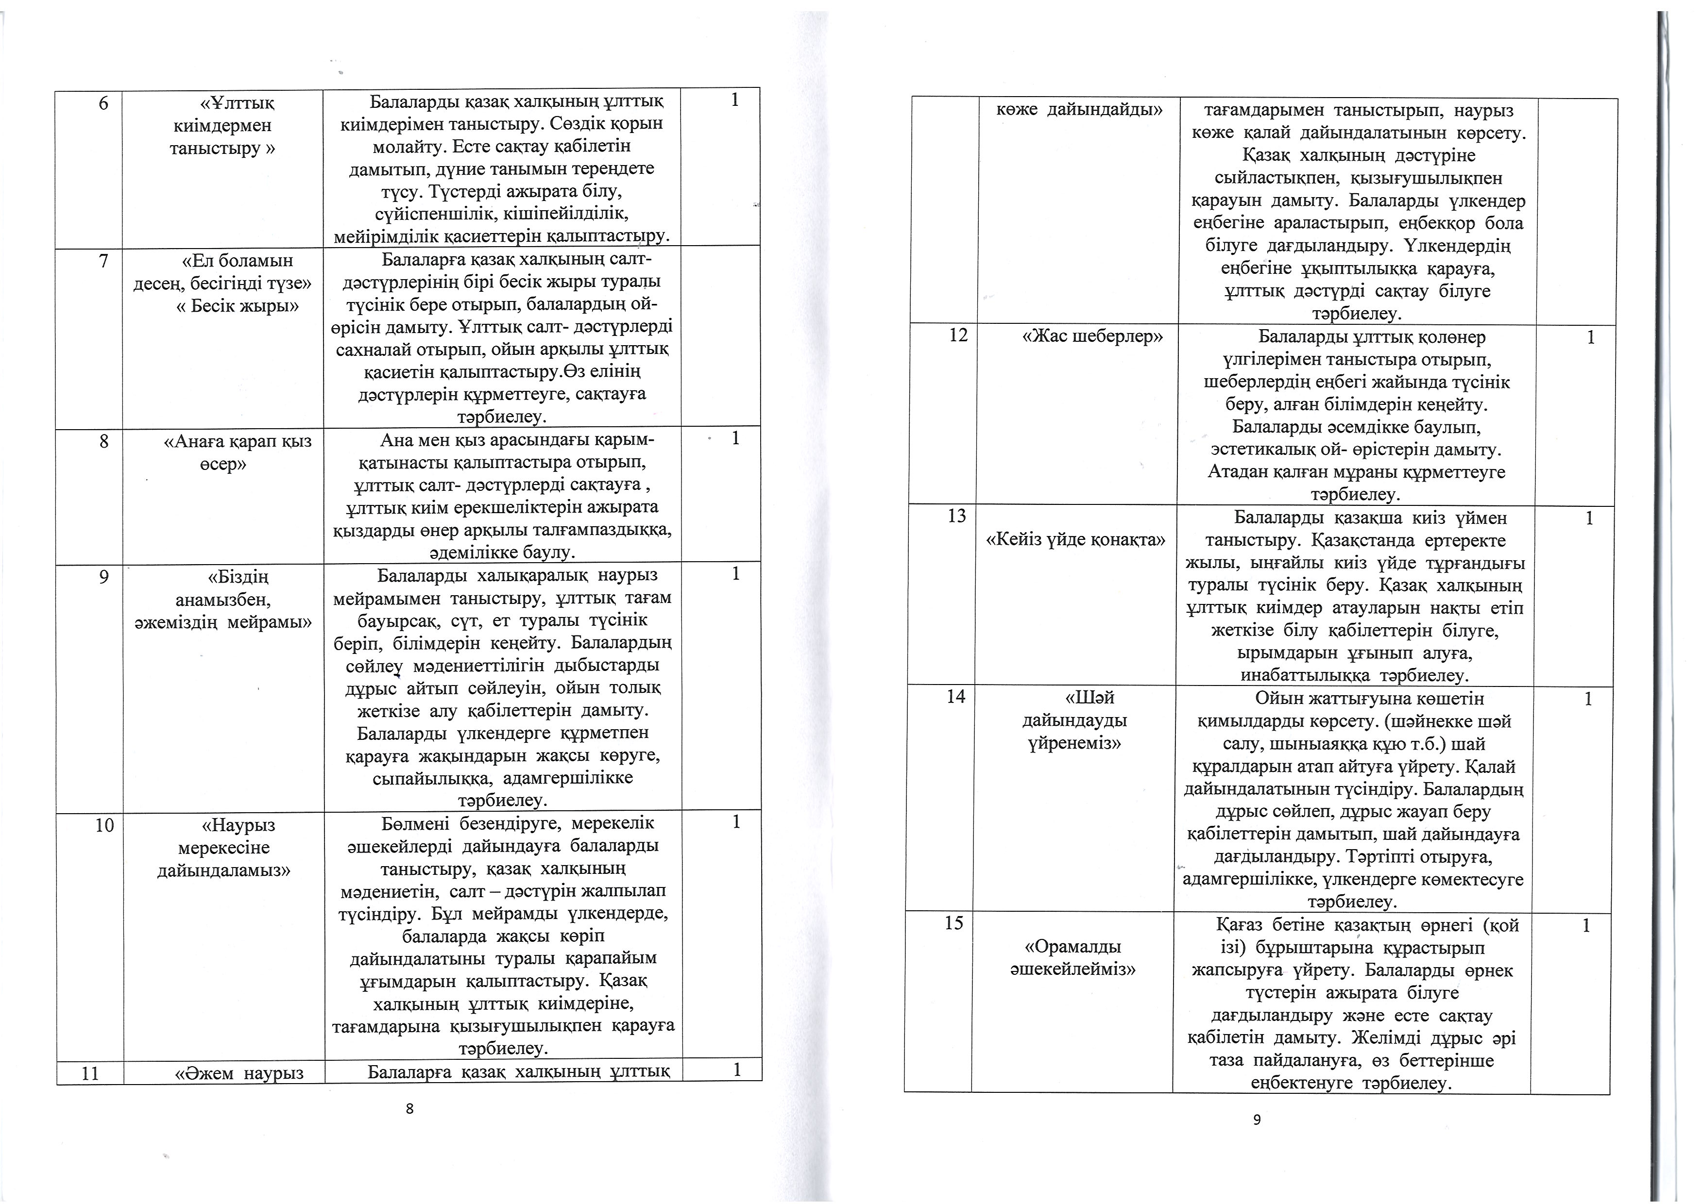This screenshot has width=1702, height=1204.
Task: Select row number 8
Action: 104,442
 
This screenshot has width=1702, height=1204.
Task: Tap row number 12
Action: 958,336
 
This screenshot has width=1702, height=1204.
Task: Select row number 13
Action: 957,516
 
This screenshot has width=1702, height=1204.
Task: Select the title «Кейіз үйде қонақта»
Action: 1074,540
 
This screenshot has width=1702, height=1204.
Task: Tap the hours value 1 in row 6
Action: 734,101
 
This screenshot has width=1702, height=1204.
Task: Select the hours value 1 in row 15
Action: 1585,925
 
